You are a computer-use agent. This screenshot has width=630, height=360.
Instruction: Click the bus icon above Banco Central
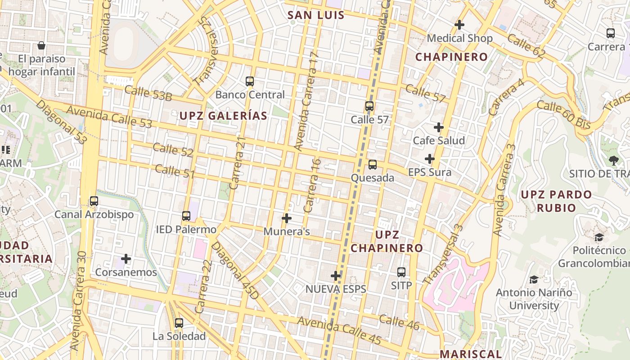point(250,81)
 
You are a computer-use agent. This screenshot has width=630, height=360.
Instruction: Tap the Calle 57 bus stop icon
point(369,106)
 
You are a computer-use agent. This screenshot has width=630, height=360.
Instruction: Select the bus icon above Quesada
point(373,165)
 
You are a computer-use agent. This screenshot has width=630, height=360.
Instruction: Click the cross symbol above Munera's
point(287,218)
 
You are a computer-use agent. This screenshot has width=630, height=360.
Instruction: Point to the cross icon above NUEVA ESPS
point(336,276)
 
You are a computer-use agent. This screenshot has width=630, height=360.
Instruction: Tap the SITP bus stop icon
point(401,272)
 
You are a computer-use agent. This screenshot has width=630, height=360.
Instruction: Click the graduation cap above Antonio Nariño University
point(534,280)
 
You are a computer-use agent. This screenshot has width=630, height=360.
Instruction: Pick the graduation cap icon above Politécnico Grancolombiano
point(599,237)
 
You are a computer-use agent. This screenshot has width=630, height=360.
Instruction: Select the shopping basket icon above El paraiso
point(41,45)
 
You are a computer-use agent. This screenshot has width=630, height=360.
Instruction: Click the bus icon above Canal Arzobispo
point(94,201)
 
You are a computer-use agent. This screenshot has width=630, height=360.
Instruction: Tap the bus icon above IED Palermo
point(186,216)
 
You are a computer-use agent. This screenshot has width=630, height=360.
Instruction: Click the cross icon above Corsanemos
point(126,259)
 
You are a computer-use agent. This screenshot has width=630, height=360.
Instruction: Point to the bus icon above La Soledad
point(179,323)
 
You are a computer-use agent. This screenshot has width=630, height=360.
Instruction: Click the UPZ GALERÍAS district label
point(223,116)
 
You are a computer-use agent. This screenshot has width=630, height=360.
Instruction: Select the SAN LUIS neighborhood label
point(316,15)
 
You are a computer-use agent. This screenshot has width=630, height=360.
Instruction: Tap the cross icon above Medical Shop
point(459,24)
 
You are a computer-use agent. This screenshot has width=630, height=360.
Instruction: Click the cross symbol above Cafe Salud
point(439,127)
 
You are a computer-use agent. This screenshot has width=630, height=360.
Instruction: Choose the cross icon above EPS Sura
point(430,159)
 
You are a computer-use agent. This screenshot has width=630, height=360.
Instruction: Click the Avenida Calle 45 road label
point(339,331)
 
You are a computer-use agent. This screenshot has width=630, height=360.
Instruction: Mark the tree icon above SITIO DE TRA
point(613,160)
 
